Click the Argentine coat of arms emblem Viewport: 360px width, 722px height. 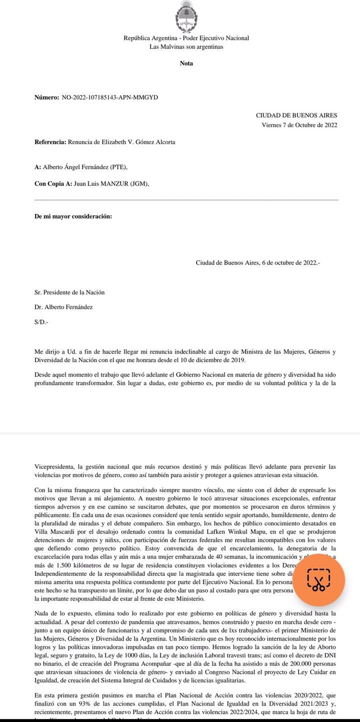(x=186, y=16)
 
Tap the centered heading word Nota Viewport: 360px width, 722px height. (x=186, y=63)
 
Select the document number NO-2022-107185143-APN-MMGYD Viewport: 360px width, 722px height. (x=109, y=97)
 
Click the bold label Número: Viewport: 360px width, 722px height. (x=46, y=97)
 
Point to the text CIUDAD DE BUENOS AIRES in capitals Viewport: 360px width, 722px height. (x=296, y=115)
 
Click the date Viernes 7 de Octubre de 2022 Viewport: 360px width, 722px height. (x=299, y=125)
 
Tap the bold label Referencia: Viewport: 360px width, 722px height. (x=50, y=142)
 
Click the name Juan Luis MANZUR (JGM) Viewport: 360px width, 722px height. (x=111, y=183)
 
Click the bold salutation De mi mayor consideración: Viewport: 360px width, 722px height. (x=73, y=216)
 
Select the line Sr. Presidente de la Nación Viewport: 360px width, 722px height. (x=69, y=292)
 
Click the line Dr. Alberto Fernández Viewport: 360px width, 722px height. (x=63, y=307)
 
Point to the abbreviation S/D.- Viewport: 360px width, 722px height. (x=41, y=322)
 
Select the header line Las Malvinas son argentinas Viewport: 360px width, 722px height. (x=186, y=47)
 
